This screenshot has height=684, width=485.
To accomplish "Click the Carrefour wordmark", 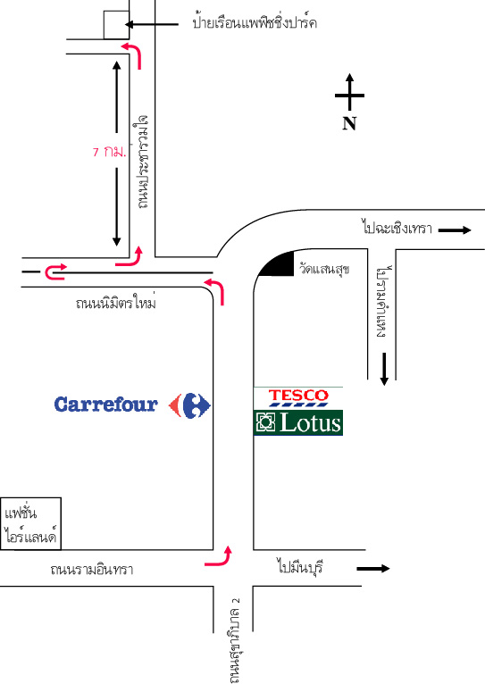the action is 105,405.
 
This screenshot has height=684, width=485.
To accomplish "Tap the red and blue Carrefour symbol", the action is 189,405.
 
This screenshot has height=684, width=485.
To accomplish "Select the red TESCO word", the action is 298,396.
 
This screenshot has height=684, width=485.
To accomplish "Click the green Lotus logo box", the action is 298,422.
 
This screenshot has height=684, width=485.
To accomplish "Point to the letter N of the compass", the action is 349,123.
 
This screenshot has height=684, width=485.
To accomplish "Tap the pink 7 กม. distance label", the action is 110,152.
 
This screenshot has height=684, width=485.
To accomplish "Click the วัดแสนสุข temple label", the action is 324,268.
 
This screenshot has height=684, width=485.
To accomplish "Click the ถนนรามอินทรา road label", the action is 92,569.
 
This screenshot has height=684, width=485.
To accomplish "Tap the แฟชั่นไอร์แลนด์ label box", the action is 30,523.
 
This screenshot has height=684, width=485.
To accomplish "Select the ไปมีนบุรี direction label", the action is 300,567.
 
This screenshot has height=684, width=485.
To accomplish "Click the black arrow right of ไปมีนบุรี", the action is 373,568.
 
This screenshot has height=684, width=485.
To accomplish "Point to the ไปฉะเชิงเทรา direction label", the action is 397,228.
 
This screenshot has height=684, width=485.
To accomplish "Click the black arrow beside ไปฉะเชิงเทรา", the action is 455,229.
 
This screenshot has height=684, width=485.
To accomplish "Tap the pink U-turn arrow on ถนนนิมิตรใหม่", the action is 56,271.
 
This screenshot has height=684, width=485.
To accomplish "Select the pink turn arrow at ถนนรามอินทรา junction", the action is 219,556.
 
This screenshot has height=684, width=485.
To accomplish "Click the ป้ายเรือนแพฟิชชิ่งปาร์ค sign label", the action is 255,22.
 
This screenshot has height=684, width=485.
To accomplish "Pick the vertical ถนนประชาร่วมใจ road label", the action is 142,162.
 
